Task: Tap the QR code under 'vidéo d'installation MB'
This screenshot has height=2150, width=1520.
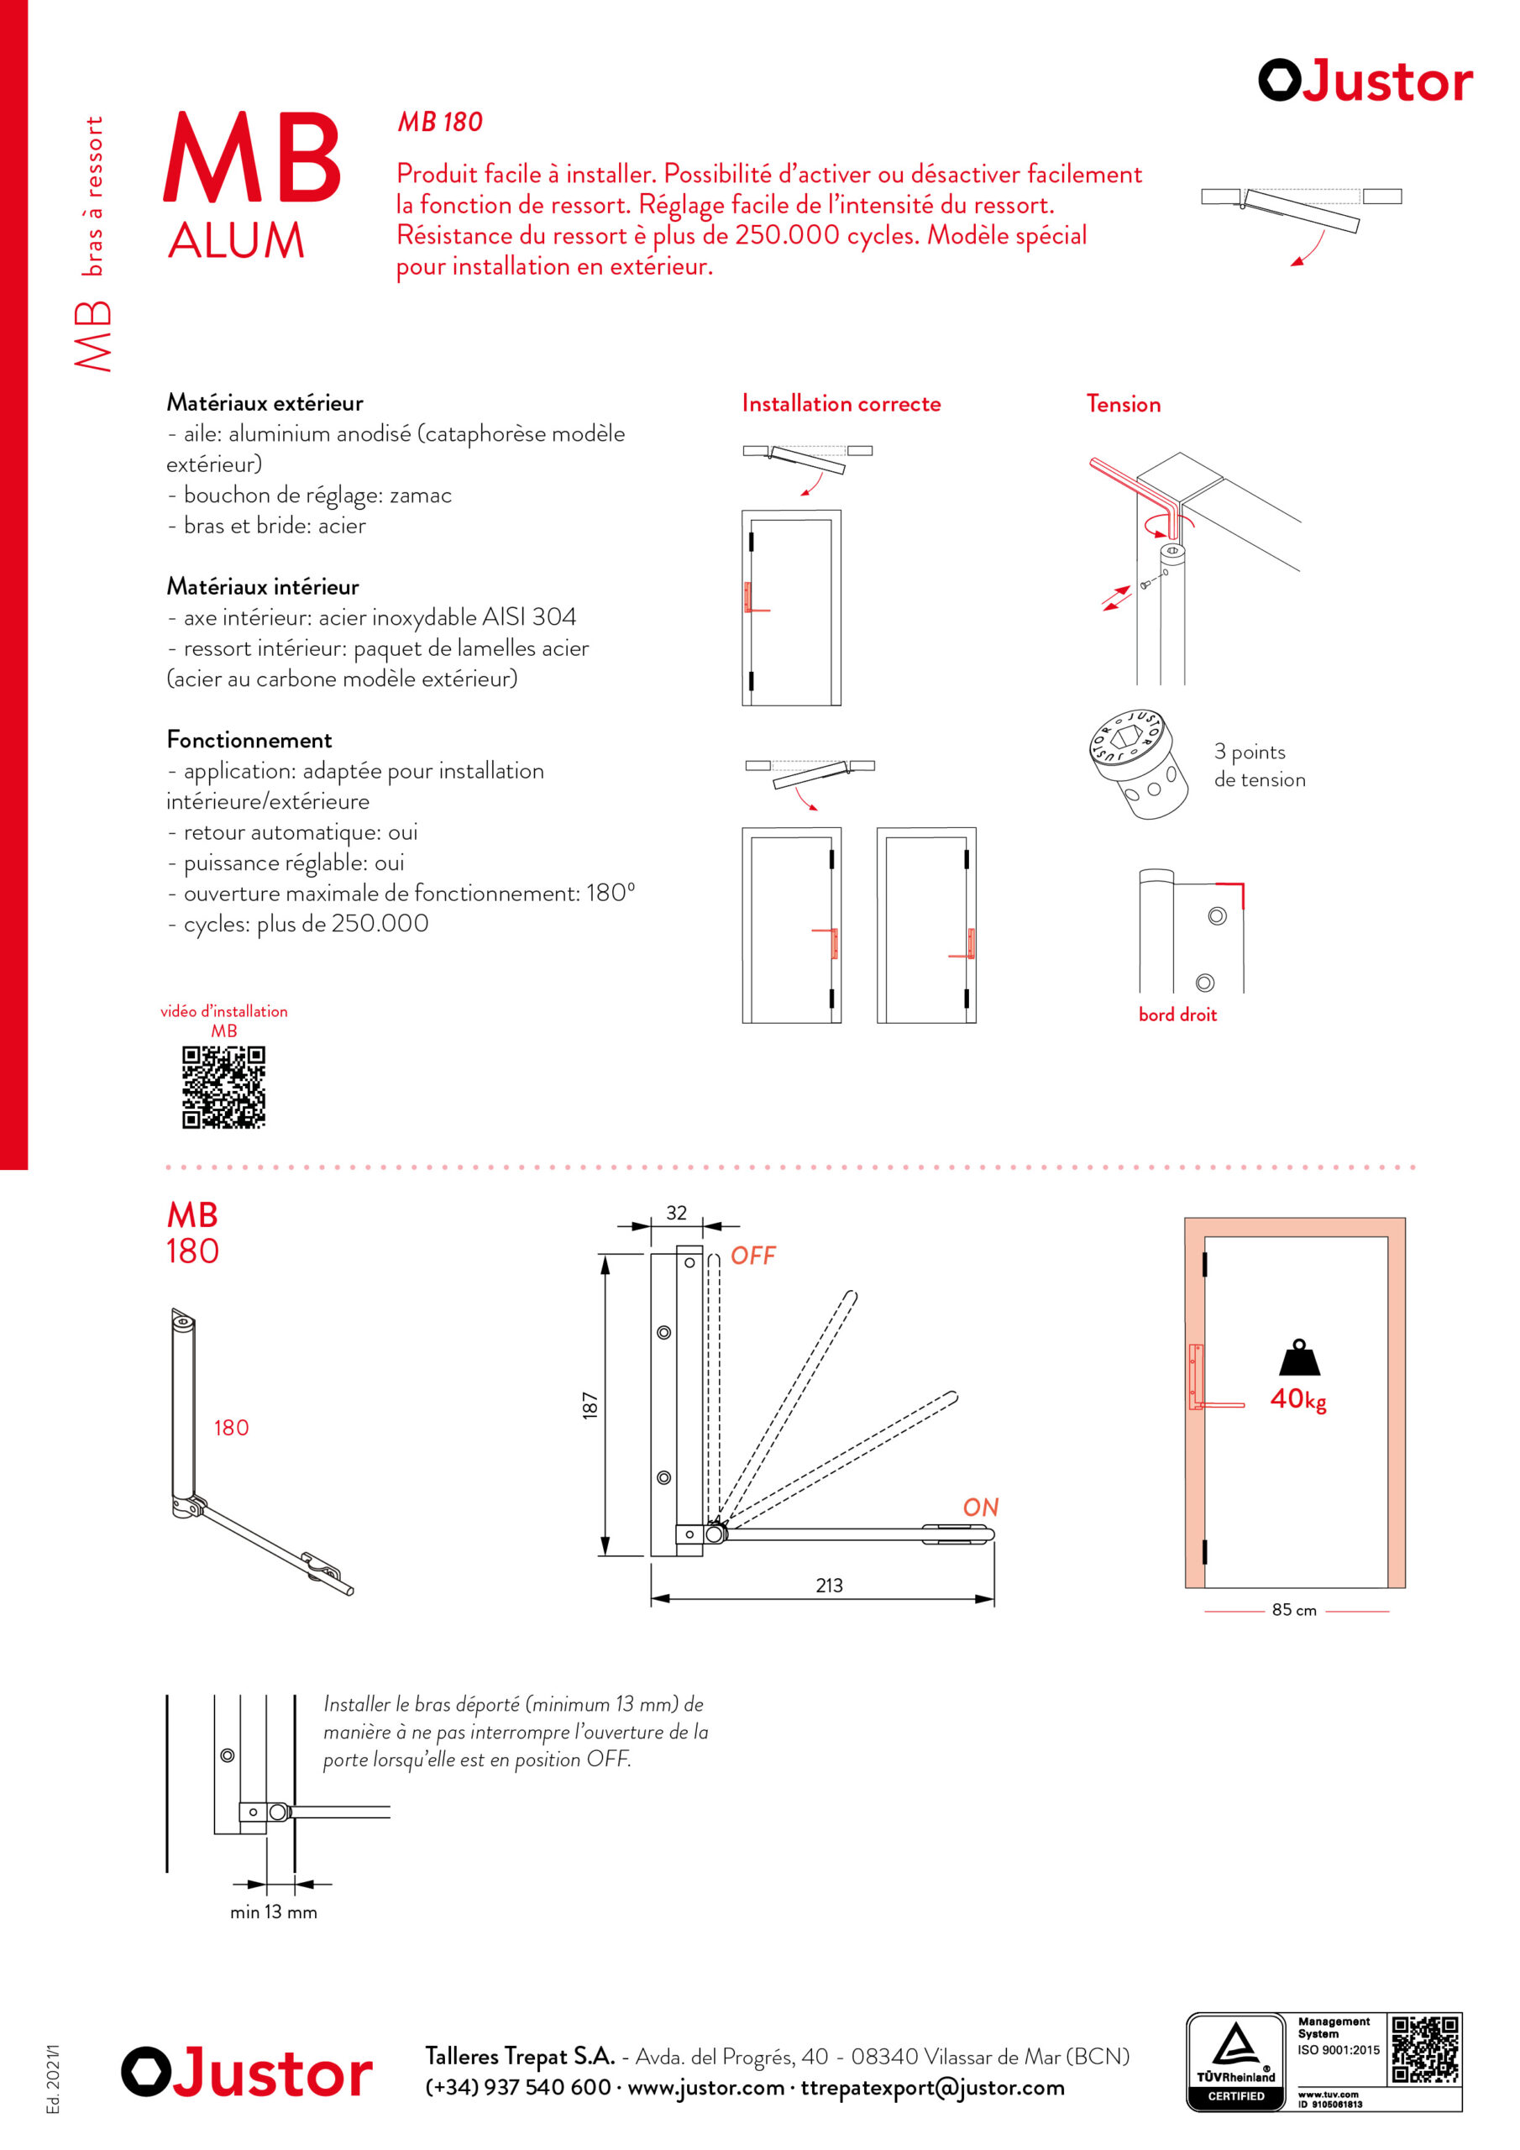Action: click(x=224, y=1087)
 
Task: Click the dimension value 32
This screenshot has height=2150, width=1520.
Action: click(x=676, y=1213)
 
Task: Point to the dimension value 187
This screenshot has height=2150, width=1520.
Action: click(x=590, y=1406)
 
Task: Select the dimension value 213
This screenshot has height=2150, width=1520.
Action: click(x=829, y=1586)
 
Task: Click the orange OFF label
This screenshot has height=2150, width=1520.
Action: click(x=753, y=1256)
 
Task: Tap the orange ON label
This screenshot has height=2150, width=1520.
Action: click(x=981, y=1508)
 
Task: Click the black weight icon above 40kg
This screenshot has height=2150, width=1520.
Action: click(x=1299, y=1358)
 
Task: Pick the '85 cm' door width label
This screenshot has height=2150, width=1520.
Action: click(x=1294, y=1611)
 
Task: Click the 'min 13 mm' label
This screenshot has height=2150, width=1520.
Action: click(x=274, y=1912)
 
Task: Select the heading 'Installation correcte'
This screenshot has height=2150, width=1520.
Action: click(x=841, y=404)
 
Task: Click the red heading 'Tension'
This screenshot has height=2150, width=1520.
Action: click(x=1123, y=404)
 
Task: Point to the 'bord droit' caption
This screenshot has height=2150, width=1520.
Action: click(x=1177, y=1015)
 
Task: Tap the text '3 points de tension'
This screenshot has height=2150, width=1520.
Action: click(x=1260, y=765)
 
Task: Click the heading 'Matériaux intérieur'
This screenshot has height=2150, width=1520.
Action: click(x=263, y=586)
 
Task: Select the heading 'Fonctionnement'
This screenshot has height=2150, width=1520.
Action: click(x=249, y=740)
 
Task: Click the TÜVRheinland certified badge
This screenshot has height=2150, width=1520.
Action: click(x=1235, y=2062)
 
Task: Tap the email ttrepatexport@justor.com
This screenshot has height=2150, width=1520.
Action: click(x=932, y=2087)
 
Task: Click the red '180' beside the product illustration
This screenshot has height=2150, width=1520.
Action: click(x=231, y=1428)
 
